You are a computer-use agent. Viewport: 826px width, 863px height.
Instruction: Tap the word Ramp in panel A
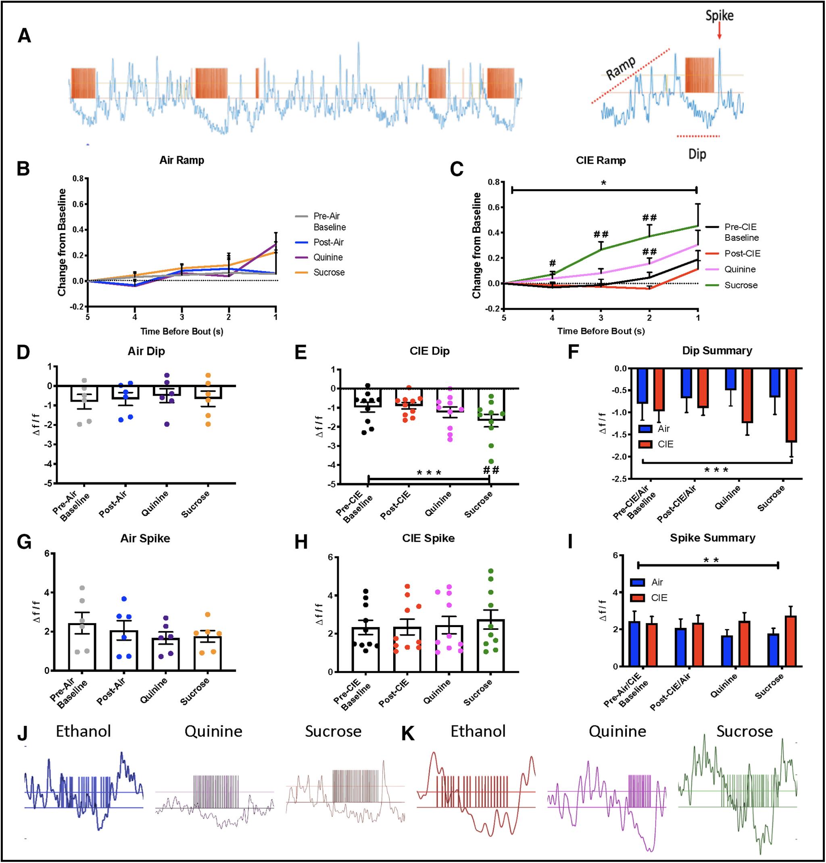[x=621, y=69]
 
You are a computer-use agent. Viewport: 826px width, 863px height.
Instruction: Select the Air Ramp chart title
[x=181, y=160]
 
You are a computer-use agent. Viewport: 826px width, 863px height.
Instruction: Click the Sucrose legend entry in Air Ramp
[x=329, y=272]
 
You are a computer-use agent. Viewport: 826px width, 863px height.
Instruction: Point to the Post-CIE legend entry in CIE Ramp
[x=742, y=253]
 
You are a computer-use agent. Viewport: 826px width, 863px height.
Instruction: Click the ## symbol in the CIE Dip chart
[x=491, y=470]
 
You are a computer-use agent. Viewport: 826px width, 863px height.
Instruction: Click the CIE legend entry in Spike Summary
[x=659, y=598]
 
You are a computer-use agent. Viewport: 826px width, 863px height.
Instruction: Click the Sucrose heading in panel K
[x=745, y=732]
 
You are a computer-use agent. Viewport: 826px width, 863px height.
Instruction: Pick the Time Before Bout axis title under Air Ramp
[x=182, y=331]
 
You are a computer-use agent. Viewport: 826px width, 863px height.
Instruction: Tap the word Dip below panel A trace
[x=697, y=154]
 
